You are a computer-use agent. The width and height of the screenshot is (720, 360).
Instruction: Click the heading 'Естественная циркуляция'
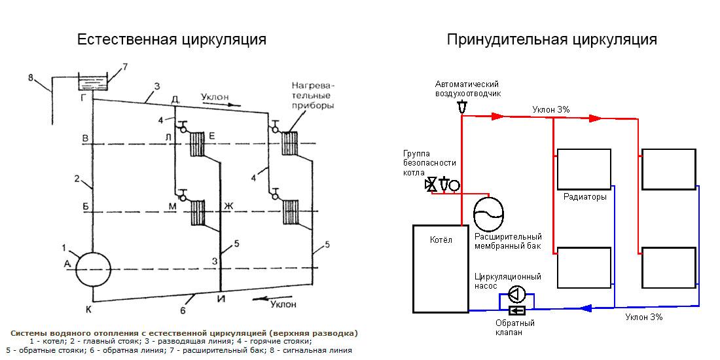[x=171, y=39]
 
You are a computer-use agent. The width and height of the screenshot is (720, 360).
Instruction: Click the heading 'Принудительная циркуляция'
[x=552, y=39]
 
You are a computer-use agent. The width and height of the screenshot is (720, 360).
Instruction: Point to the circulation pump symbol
[x=517, y=293]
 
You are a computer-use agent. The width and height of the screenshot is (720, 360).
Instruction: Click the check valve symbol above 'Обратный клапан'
[x=517, y=310]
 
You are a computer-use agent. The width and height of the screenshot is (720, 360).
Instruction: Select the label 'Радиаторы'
[x=585, y=196]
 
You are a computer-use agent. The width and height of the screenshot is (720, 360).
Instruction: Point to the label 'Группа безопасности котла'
[x=429, y=163]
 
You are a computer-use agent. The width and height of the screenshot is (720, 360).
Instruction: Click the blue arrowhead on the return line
[x=586, y=308]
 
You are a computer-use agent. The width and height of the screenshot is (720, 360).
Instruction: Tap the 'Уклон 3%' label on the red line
[x=550, y=109]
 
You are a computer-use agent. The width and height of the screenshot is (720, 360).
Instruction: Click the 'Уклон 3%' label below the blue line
[x=643, y=317]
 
